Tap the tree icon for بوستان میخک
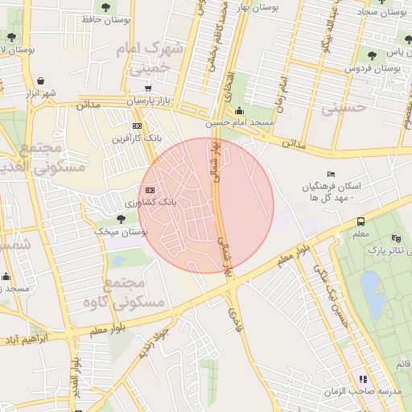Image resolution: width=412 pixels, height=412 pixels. [x=121, y=218]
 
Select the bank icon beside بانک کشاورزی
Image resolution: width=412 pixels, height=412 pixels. [x=149, y=189]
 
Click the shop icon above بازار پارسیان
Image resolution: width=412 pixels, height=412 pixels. [x=148, y=89]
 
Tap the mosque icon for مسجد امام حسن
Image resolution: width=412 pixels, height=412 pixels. [x=240, y=111]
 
